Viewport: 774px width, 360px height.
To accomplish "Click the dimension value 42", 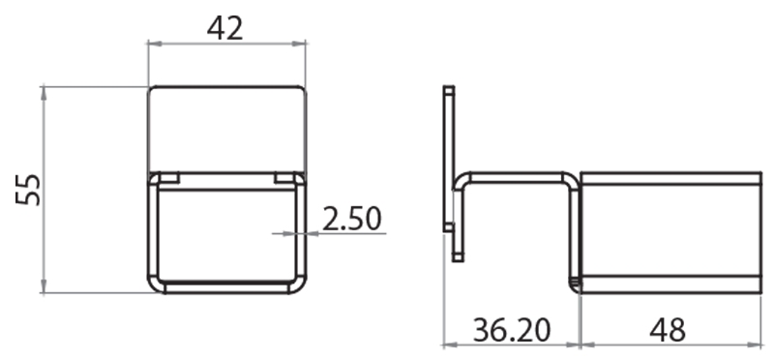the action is tap(225, 29).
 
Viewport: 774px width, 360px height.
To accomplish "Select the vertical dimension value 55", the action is tap(28, 190).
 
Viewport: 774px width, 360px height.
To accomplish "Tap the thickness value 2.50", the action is tap(352, 219).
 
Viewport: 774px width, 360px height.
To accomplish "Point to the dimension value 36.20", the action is tap(512, 330).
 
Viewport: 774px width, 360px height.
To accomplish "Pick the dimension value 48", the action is tap(668, 330).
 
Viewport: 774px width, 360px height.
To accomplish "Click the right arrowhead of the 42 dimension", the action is tap(299, 44).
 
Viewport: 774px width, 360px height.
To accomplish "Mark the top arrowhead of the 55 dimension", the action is tap(44, 93).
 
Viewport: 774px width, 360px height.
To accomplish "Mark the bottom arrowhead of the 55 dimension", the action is tap(44, 285).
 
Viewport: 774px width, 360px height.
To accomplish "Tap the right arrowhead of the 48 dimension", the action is tap(756, 345).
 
